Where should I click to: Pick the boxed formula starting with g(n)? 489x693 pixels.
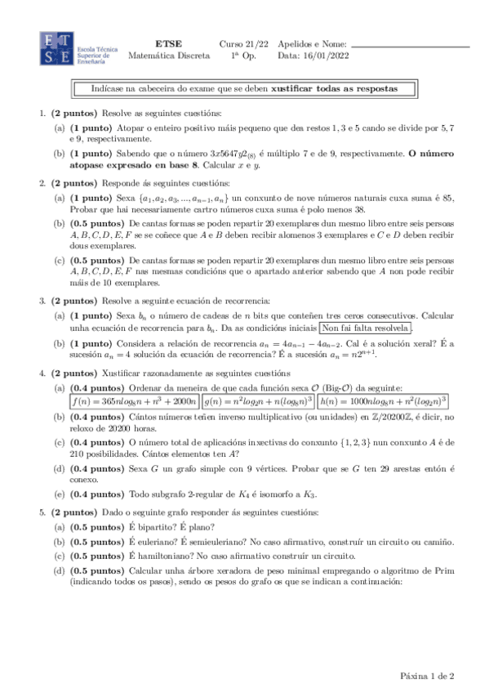pyautogui.click(x=258, y=401)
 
